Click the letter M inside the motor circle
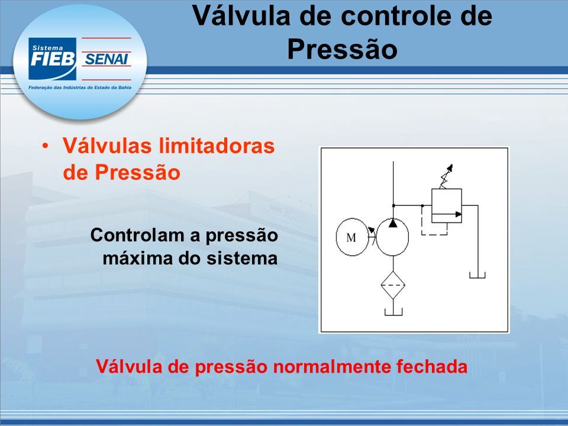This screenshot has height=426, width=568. point(351,238)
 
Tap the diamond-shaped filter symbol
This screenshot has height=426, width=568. point(393,285)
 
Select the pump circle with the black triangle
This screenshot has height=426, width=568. point(393,237)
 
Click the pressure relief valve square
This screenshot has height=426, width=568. point(446,205)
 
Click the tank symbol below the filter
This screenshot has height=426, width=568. point(393,312)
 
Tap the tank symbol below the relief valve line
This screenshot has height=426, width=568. point(477,275)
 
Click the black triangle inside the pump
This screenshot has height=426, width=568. point(393,223)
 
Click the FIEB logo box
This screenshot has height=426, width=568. point(52,59)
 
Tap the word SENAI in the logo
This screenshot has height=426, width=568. point(106,59)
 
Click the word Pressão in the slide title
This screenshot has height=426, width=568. point(343,49)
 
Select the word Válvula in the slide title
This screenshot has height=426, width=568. point(241,15)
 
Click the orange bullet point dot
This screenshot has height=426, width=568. point(45,146)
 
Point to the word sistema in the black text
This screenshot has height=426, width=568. point(241,259)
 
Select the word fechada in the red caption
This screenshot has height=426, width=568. point(432,366)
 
